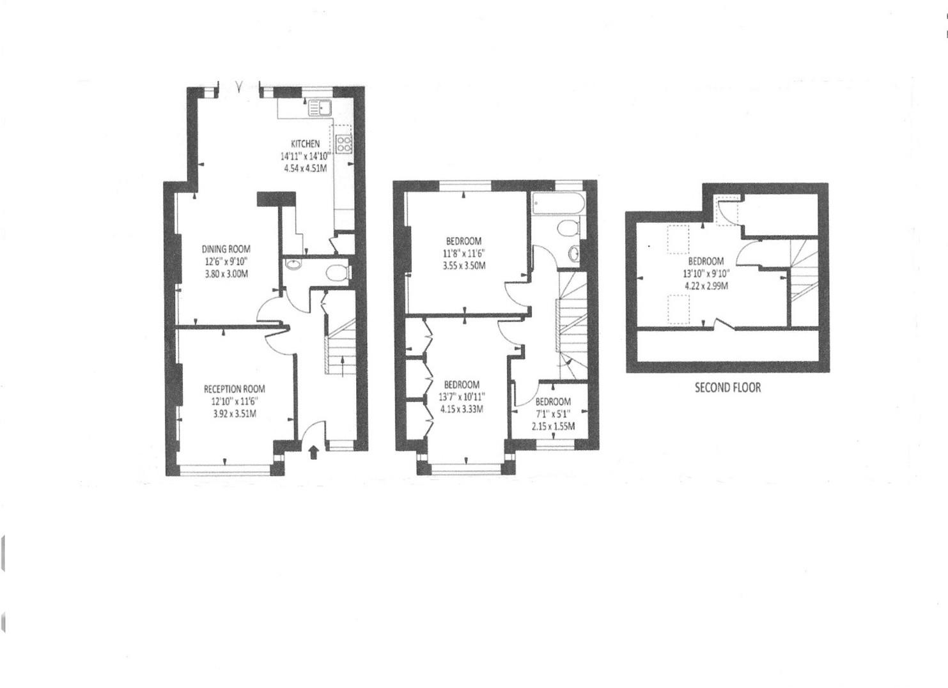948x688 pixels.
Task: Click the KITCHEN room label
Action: pos(306,144)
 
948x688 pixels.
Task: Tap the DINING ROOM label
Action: pos(226,249)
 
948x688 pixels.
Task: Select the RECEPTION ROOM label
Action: pos(234,388)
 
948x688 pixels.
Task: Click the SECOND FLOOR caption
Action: pos(727,387)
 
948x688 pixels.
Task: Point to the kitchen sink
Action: pos(318,108)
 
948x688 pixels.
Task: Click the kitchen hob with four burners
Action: pos(344,144)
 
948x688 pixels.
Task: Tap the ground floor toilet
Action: pos(336,273)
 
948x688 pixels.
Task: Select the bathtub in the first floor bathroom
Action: pos(556,204)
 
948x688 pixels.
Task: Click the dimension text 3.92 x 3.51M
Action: pos(234,413)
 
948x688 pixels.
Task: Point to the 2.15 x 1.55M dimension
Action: pos(553,426)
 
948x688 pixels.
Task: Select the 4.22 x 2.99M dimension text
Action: pos(706,286)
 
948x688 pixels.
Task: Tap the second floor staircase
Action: pos(804,275)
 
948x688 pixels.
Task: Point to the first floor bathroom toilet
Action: pos(567,229)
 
